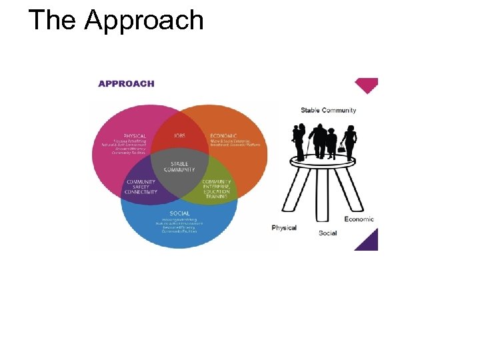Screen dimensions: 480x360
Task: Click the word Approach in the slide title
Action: click(x=144, y=21)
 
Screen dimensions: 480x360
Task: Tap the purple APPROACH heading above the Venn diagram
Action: click(x=126, y=83)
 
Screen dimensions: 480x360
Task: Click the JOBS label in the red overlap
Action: click(x=180, y=135)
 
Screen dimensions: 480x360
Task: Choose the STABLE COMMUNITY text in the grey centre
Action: click(x=179, y=167)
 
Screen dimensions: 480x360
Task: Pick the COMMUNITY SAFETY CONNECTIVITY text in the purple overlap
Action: click(x=141, y=187)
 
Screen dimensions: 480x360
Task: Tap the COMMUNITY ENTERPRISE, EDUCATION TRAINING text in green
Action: click(x=217, y=189)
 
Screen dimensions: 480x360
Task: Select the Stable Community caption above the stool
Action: click(x=328, y=110)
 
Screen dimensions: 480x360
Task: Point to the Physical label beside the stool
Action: click(x=284, y=228)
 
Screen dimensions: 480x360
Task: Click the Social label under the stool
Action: click(x=327, y=233)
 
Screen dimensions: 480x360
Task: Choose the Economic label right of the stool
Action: click(x=359, y=219)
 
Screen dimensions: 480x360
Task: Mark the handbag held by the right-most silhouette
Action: click(x=341, y=149)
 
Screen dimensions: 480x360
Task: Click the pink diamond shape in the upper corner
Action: click(x=367, y=85)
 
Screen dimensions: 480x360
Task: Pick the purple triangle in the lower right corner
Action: click(x=368, y=241)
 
